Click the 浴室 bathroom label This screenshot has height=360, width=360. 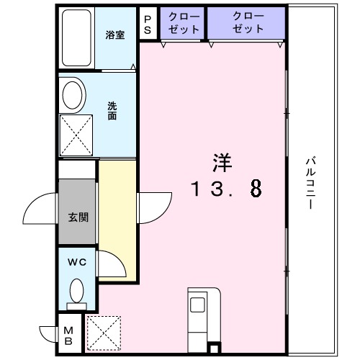[x=115, y=35]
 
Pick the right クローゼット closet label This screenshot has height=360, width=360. [x=248, y=22]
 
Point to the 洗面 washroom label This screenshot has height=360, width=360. [x=112, y=111]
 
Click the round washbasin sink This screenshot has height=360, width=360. [x=73, y=94]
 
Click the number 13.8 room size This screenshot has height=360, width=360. [x=225, y=189]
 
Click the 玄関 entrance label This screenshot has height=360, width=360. [x=78, y=216]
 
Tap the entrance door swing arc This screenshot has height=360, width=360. [x=40, y=210]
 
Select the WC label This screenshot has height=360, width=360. [x=77, y=263]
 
